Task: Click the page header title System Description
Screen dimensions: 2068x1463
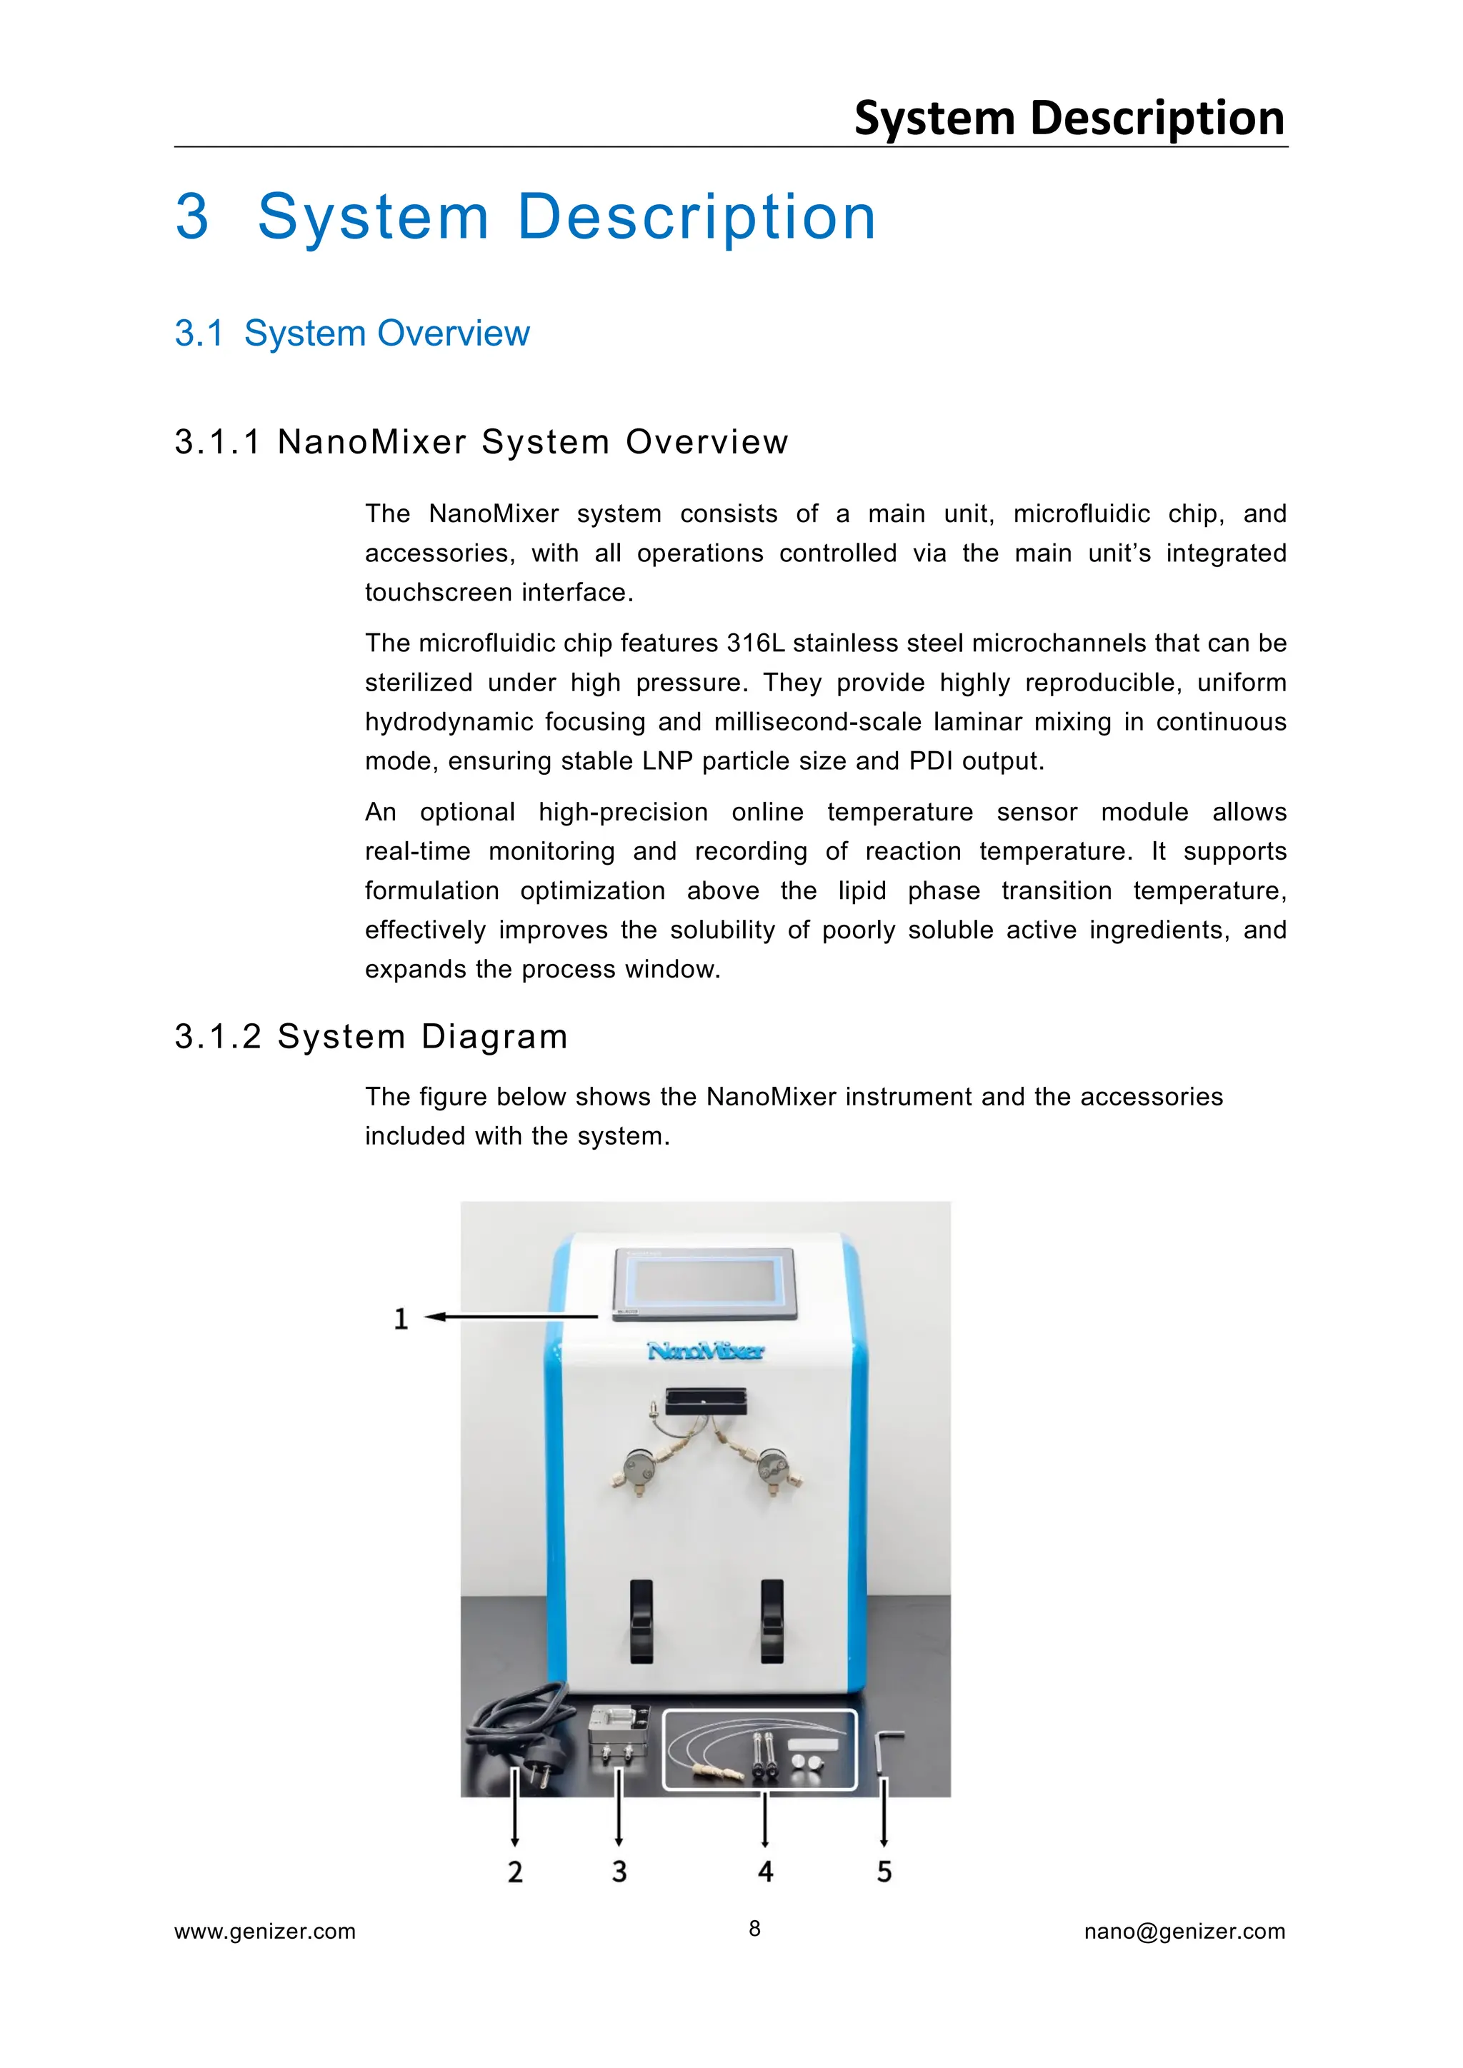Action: tap(1069, 118)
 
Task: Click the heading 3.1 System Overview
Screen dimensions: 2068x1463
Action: tap(351, 333)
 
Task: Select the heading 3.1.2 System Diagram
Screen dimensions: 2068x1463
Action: tap(371, 1037)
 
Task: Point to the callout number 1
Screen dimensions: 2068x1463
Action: tap(401, 1320)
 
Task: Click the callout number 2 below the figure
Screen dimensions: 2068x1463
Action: tap(514, 1872)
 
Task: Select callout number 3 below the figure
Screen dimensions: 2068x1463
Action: tap(619, 1872)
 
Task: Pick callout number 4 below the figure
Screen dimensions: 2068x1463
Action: tap(765, 1872)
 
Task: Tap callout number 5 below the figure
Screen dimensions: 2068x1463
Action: tap(884, 1872)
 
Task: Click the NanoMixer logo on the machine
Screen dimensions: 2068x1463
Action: tap(705, 1351)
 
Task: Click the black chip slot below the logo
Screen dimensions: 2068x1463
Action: tap(705, 1402)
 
